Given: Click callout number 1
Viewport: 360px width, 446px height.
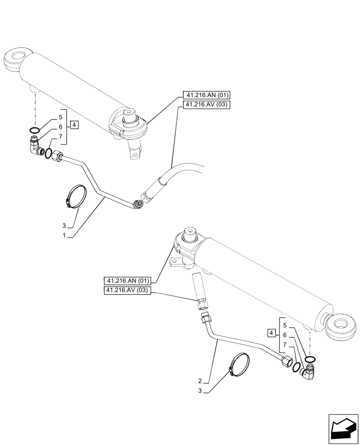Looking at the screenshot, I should tap(64, 235).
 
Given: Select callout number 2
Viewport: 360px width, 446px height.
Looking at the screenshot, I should tap(200, 381).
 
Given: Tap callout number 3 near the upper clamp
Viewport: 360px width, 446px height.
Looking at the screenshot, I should tap(64, 225).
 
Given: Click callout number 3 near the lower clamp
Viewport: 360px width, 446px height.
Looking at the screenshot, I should tap(200, 391).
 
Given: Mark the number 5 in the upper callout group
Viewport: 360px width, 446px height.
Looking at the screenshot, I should tap(60, 118).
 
